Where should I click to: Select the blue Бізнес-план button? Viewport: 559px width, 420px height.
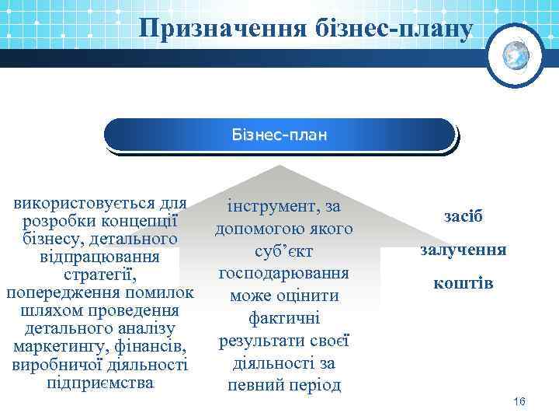279,135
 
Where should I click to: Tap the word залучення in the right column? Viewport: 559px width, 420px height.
464,250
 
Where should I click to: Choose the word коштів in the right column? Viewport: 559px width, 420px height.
464,284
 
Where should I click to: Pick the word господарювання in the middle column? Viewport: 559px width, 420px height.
283,274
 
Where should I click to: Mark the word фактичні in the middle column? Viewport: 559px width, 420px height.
283,318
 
